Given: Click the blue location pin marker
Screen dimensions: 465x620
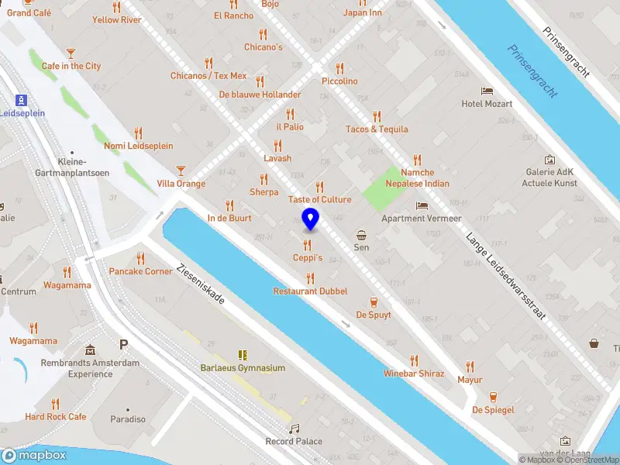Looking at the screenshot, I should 310,219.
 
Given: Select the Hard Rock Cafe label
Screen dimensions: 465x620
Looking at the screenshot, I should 56,416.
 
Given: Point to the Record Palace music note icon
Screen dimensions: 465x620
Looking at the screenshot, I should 294,429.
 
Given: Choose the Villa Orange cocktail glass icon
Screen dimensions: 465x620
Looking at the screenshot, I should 181,170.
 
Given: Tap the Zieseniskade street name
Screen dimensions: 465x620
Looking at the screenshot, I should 201,284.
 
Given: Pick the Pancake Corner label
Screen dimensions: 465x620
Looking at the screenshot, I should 140,271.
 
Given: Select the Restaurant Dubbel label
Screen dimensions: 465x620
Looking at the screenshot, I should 310,291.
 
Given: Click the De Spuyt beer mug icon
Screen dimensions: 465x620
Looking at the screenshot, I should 374,301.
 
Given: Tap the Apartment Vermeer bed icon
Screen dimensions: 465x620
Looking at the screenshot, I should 422,205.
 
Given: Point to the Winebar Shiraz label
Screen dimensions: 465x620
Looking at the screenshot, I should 414,374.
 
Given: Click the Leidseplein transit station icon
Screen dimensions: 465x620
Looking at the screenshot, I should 22,100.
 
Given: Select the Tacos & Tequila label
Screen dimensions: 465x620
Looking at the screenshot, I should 377,129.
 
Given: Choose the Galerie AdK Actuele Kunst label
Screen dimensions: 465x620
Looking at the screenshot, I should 549,177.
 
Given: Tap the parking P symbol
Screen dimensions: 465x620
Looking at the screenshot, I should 123,344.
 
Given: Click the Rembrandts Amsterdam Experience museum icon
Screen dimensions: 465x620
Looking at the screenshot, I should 91,350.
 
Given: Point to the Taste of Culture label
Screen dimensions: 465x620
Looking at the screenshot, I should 319,199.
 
